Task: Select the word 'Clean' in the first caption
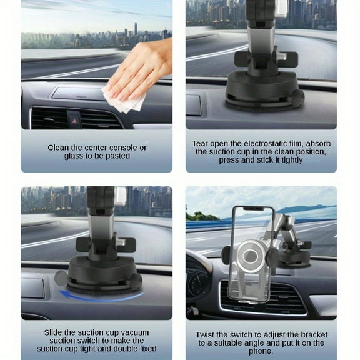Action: [61, 148]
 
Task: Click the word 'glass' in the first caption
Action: [74, 156]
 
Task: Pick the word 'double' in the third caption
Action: [120, 349]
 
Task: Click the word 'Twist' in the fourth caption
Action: [207, 335]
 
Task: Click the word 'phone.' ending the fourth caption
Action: [261, 351]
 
